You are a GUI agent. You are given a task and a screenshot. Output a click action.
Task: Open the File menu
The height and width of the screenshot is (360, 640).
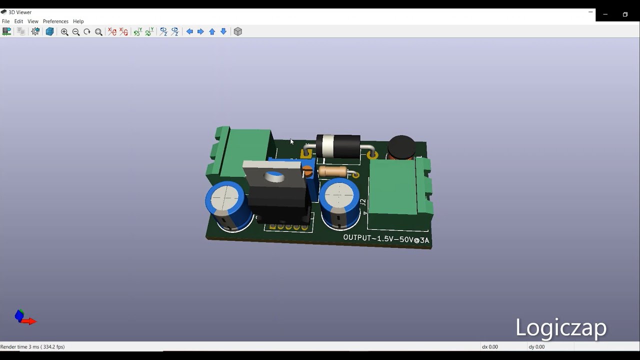click(5, 21)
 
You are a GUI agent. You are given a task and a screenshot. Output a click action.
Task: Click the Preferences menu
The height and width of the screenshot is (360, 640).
click(55, 21)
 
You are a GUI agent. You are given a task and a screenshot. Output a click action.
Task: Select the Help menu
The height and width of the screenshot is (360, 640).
click(78, 21)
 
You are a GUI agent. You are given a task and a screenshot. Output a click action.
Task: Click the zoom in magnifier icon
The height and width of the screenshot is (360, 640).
click(64, 32)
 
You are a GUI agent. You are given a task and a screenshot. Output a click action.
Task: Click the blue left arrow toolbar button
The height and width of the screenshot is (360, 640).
click(189, 31)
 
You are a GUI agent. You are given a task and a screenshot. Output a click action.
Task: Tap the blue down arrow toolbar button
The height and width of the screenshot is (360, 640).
click(223, 31)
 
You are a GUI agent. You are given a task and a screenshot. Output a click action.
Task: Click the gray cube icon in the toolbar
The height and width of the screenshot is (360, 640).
click(238, 31)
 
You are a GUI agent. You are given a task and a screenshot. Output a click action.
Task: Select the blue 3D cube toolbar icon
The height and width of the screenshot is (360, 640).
click(49, 31)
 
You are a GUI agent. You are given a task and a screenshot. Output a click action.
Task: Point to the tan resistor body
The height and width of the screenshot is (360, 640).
click(333, 172)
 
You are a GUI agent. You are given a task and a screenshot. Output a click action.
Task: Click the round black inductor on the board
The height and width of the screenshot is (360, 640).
click(401, 146)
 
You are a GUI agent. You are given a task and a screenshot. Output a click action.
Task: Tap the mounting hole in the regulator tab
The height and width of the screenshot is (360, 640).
click(274, 176)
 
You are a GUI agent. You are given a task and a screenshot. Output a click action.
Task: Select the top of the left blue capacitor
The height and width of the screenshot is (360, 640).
click(225, 198)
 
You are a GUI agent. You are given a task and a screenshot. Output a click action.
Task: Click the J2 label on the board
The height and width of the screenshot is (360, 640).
click(363, 202)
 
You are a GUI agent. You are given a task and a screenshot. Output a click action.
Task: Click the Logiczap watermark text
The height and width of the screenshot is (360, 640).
click(560, 327)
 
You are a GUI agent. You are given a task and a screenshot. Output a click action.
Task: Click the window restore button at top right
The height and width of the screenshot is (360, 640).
click(625, 14)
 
